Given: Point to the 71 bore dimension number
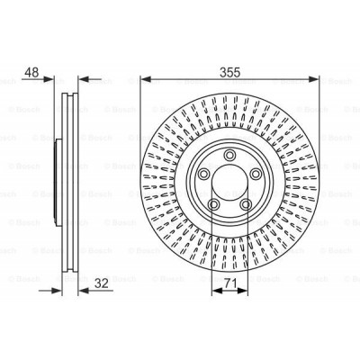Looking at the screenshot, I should (230, 286).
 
